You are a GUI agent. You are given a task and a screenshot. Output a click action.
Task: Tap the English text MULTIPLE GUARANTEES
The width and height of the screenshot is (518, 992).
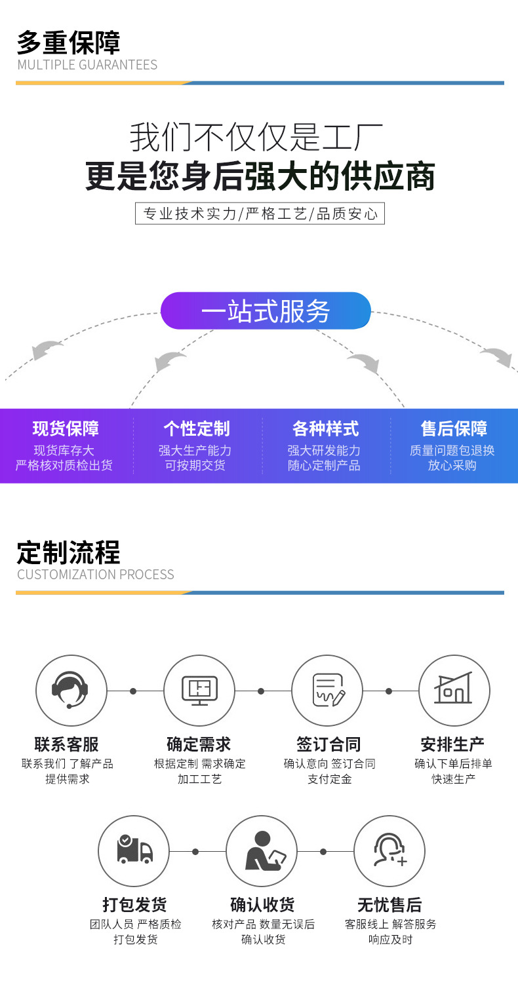click(x=87, y=65)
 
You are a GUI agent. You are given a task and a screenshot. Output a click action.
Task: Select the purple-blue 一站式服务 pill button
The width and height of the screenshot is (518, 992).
click(x=266, y=311)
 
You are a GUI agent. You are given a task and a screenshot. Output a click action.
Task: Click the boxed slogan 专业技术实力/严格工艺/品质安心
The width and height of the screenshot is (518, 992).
click(x=260, y=214)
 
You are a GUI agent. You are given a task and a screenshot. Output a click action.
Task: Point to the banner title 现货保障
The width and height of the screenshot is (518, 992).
click(x=66, y=429)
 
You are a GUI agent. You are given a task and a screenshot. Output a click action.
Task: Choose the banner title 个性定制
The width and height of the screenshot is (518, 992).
click(x=196, y=429)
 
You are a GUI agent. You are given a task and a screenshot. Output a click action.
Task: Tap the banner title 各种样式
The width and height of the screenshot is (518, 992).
click(x=325, y=429)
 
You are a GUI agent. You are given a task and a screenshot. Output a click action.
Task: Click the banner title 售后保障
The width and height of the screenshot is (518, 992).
click(x=454, y=429)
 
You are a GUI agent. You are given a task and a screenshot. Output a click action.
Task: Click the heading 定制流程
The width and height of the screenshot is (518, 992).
click(x=69, y=552)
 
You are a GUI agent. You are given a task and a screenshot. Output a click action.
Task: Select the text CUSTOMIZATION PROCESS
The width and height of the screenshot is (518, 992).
click(x=96, y=575)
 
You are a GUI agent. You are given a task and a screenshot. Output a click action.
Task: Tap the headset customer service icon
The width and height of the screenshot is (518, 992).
click(x=71, y=691)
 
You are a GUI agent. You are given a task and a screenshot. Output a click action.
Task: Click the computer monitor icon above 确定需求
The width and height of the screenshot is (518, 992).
click(x=199, y=691)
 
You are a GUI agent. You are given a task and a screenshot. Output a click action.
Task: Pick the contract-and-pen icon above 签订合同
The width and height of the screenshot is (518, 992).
click(x=327, y=691)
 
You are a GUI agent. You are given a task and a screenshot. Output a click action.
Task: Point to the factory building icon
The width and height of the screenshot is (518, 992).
click(x=454, y=691)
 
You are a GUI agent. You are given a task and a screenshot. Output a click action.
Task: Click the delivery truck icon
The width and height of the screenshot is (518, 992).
click(x=134, y=850)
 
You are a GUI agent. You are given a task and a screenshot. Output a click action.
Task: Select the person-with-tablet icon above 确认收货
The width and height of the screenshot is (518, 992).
click(x=262, y=850)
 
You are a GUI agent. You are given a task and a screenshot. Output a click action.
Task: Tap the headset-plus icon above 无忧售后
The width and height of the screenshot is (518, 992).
click(x=389, y=850)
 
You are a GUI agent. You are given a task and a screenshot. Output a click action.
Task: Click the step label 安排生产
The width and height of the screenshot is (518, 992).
click(x=452, y=744)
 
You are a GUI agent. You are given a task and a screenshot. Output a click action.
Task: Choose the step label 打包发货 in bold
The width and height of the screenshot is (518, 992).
click(x=134, y=905)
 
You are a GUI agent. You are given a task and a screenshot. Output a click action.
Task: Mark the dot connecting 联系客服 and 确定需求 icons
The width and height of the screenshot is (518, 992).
click(x=133, y=691)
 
